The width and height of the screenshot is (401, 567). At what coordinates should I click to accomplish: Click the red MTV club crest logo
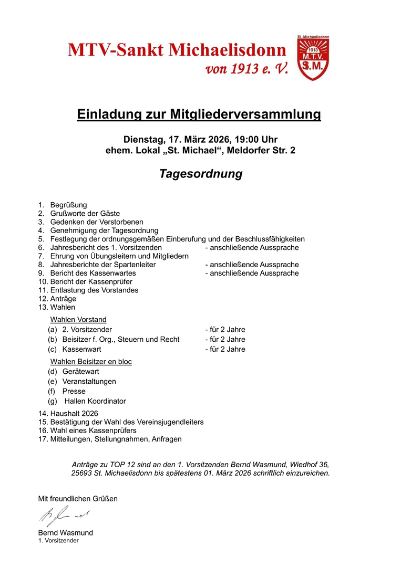click(313, 59)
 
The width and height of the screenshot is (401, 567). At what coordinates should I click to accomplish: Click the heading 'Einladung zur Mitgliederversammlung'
click(199, 114)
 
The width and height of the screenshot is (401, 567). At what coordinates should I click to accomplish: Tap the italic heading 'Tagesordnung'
click(201, 174)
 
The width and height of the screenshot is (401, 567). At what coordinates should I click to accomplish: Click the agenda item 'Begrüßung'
click(68, 205)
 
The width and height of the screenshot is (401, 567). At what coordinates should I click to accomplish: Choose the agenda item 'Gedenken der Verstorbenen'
click(97, 222)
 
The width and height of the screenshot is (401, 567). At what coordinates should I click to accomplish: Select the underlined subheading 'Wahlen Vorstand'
click(78, 319)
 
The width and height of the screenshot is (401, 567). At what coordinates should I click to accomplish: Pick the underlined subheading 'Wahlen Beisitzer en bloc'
click(91, 362)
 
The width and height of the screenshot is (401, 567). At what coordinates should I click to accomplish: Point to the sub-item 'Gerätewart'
click(80, 372)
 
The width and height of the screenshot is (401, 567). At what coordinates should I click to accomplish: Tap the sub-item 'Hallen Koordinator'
click(95, 401)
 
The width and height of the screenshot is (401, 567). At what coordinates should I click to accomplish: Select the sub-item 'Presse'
click(74, 391)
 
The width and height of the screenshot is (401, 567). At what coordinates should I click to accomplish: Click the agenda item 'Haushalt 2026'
click(74, 414)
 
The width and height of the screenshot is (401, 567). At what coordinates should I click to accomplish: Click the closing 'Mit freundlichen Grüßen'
click(78, 499)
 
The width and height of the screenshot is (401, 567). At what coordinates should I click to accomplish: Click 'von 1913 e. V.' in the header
click(240, 69)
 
